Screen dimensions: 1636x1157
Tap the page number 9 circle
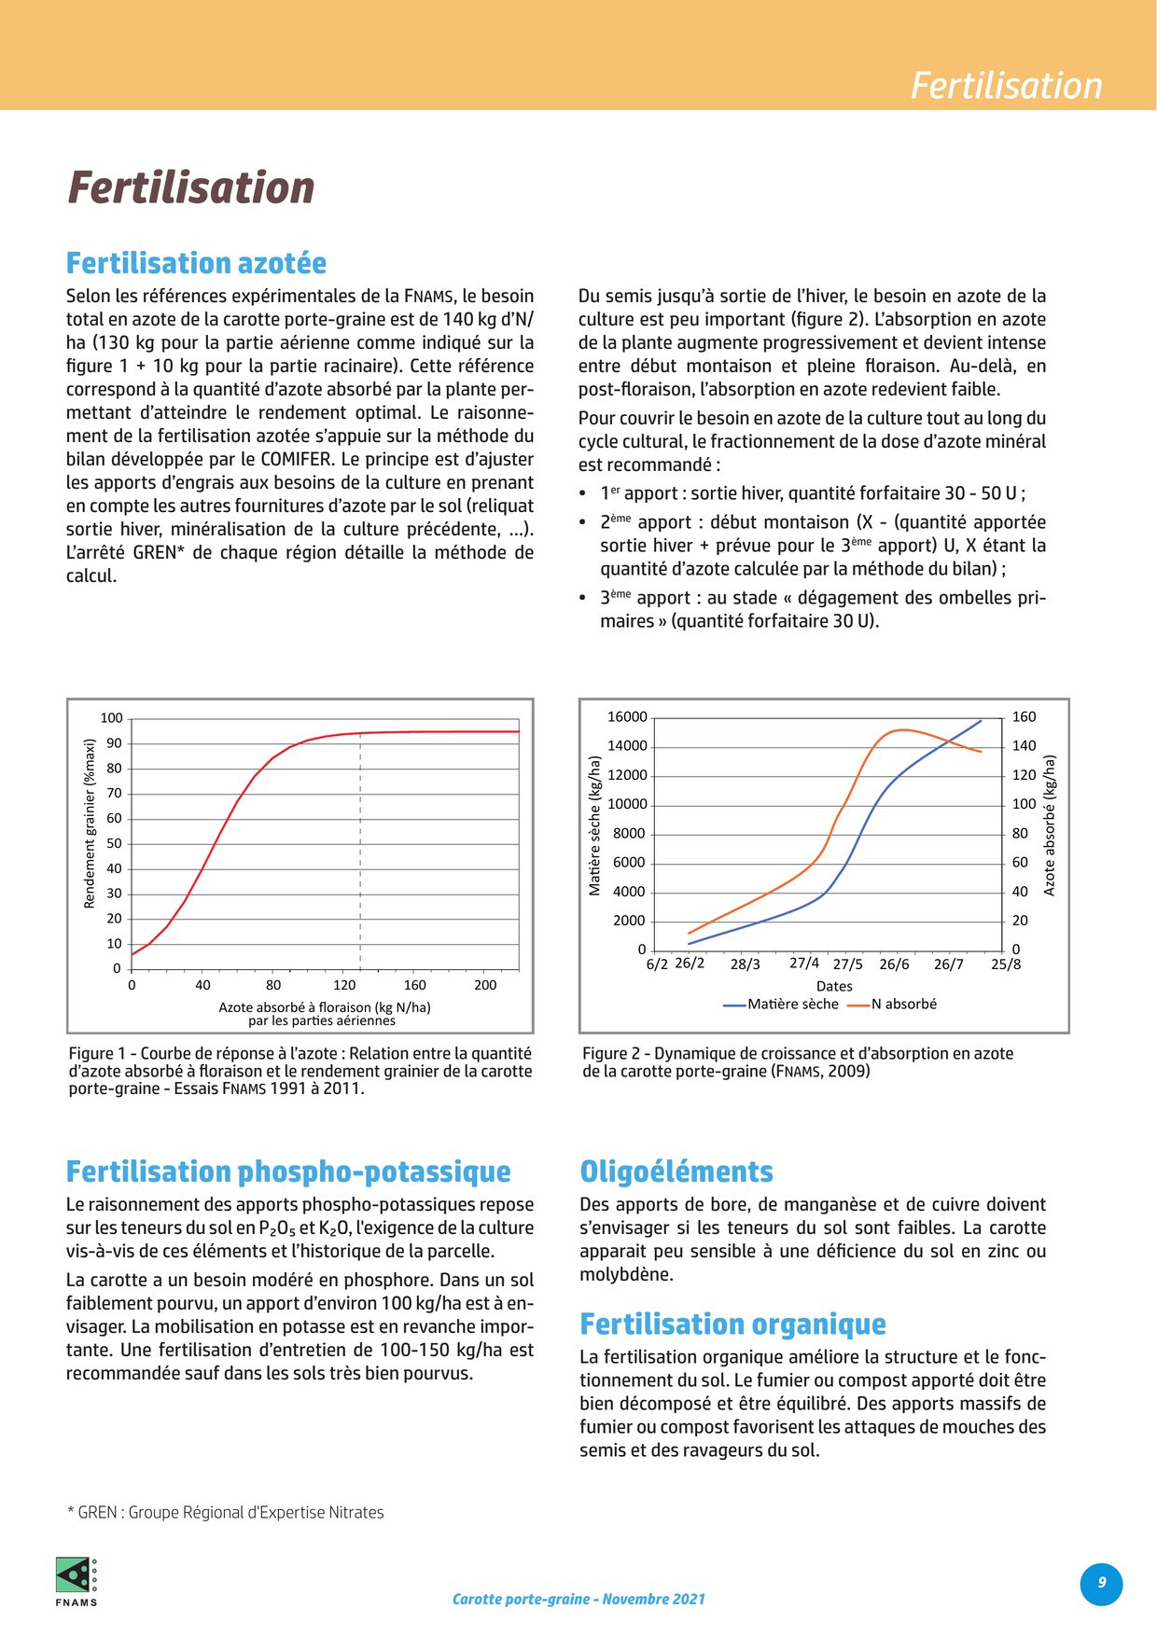[x=1101, y=1583]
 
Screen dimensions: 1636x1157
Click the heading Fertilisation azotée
[x=196, y=264]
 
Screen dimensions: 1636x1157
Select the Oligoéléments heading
[x=676, y=1172]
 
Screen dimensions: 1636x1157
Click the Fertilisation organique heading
[x=732, y=1324]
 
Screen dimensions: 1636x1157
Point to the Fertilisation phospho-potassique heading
[x=288, y=1172]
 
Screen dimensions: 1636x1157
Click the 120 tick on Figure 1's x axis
[x=344, y=985]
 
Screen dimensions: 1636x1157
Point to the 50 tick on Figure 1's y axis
[x=114, y=843]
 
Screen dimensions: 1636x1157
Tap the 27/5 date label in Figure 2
[x=848, y=964]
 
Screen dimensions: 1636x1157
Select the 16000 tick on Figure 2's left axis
[x=627, y=717]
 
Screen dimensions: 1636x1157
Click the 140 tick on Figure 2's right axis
[x=1025, y=746]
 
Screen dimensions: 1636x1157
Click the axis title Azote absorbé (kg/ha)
[x=1050, y=825]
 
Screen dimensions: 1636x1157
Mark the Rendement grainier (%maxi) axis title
[x=90, y=824]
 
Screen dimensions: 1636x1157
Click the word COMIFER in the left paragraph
[x=296, y=460]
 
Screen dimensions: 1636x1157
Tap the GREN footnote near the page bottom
[x=225, y=1513]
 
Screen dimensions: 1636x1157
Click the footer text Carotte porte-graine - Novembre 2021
[x=578, y=1599]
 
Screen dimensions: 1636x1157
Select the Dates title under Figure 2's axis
[x=834, y=986]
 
